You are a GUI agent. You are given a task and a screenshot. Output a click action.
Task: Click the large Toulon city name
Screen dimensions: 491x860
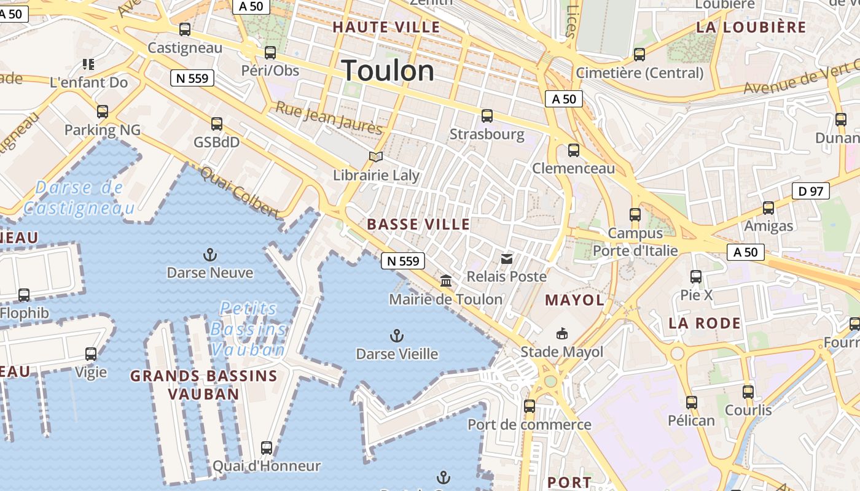click(388, 71)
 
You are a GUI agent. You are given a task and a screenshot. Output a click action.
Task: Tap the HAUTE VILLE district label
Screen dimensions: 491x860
click(386, 27)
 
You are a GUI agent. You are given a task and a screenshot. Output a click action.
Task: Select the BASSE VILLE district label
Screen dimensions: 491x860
click(418, 225)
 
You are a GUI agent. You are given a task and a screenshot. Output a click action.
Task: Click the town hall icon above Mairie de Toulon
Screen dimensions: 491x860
click(446, 281)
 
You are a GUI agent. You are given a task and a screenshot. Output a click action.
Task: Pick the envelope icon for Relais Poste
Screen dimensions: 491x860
click(506, 259)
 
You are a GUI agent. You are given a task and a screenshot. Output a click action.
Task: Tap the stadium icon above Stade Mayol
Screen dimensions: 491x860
click(561, 334)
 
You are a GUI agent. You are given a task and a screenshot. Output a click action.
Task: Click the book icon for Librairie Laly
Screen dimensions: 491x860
click(375, 157)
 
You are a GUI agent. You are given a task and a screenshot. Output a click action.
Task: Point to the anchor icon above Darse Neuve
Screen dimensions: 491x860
click(210, 254)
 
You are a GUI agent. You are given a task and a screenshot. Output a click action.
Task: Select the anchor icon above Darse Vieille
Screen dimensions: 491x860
click(397, 336)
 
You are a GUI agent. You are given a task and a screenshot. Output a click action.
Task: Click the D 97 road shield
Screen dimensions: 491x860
click(811, 191)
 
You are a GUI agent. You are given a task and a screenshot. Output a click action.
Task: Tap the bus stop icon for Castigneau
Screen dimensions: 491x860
click(184, 29)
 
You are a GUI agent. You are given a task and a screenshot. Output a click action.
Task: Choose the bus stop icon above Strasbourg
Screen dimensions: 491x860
click(487, 115)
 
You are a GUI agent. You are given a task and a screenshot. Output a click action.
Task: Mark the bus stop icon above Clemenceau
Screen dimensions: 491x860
click(574, 150)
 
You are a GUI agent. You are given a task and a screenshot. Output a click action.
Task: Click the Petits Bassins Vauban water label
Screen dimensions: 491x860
click(248, 329)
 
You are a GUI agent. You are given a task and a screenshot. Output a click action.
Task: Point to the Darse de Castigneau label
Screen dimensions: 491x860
click(79, 198)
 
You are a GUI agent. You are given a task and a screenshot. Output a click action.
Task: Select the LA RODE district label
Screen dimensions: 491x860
click(705, 323)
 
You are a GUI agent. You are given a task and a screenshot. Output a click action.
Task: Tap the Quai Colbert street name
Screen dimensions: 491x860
click(240, 193)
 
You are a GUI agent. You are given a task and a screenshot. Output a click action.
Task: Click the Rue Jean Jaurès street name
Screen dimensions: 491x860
click(329, 118)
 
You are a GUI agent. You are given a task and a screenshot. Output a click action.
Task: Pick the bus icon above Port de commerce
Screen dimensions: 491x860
click(529, 406)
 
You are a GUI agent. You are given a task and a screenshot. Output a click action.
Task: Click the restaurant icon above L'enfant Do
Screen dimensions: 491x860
click(88, 64)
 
